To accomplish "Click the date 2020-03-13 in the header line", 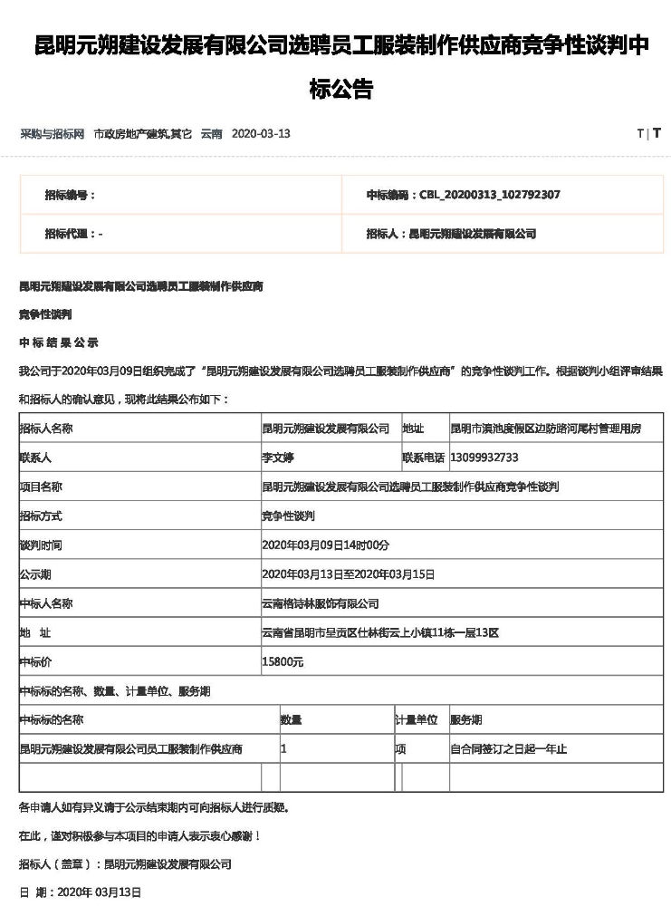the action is click(x=261, y=134).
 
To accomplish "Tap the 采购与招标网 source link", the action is click(x=53, y=134).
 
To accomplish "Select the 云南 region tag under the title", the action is click(x=211, y=134).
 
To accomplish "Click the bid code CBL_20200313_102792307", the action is click(x=488, y=195).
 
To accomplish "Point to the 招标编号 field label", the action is click(x=70, y=195).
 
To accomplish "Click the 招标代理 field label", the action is click(x=73, y=234).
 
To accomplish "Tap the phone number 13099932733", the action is click(x=484, y=458).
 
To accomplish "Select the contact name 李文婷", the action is click(x=279, y=458).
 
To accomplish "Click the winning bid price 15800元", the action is click(x=283, y=662).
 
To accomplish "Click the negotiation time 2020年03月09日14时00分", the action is click(x=325, y=545).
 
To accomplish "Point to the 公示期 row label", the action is click(x=36, y=574).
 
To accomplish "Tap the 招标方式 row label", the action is click(x=41, y=516).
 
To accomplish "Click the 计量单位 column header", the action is click(x=416, y=720).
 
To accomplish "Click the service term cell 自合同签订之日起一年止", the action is click(x=508, y=749).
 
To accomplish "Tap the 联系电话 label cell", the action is click(x=423, y=458).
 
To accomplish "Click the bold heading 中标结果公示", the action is click(x=59, y=342).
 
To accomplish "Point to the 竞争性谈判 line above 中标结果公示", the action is click(x=45, y=314).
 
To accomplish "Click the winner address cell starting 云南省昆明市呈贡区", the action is click(x=379, y=633).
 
